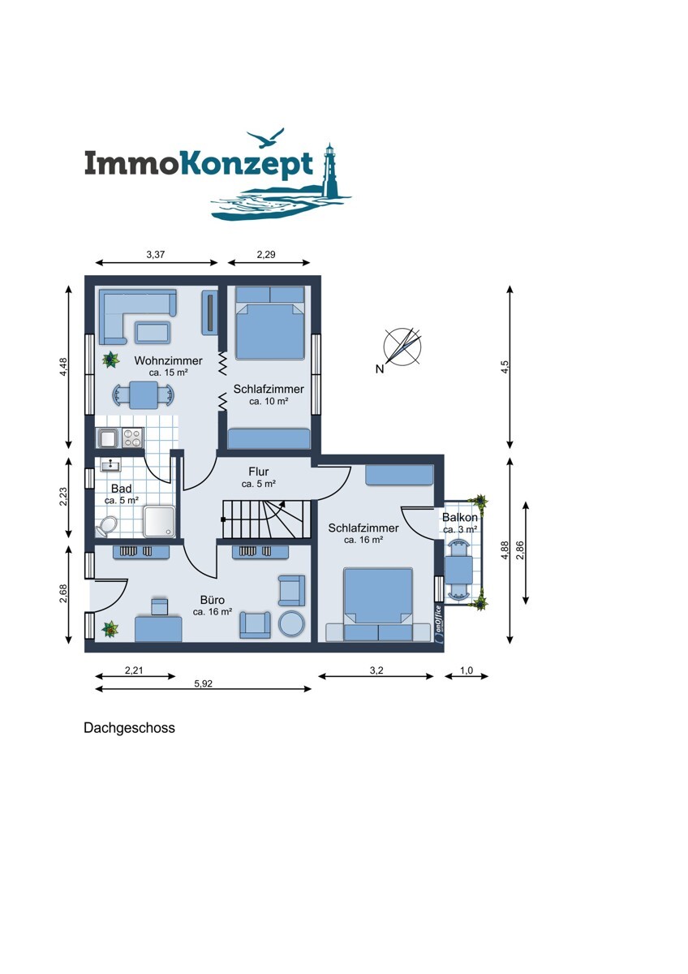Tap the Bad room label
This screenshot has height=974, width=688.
point(121,489)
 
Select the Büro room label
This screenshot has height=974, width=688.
point(213,600)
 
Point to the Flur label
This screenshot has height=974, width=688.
point(259,472)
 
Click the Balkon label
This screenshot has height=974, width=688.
point(460,518)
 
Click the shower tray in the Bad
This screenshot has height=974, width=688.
point(160,521)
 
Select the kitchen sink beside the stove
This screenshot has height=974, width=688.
point(108,437)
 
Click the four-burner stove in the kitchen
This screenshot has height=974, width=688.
point(133,437)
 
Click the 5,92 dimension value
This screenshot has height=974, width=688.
point(203,683)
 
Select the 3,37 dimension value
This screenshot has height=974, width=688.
point(156,254)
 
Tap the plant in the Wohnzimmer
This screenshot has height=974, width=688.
point(111,360)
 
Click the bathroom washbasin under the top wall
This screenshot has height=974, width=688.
point(111,465)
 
